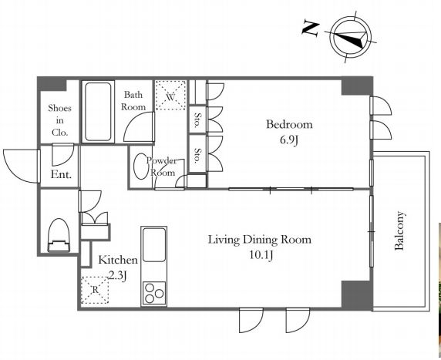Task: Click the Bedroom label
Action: (289, 124)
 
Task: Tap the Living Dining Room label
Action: (260, 240)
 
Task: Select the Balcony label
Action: (399, 230)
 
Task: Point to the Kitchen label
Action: (118, 260)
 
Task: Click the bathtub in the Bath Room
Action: (98, 112)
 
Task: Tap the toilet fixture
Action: (59, 235)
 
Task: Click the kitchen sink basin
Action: (154, 244)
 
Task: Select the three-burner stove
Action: (154, 293)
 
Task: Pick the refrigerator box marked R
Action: (95, 291)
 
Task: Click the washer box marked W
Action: (170, 96)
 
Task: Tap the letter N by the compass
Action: (311, 29)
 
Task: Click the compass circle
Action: (351, 37)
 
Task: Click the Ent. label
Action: (61, 174)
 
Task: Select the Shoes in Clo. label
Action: (59, 120)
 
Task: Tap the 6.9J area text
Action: (289, 140)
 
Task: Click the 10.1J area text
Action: (261, 255)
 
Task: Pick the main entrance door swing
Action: (22, 167)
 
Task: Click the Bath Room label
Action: (133, 101)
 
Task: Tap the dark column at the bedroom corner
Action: (357, 86)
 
